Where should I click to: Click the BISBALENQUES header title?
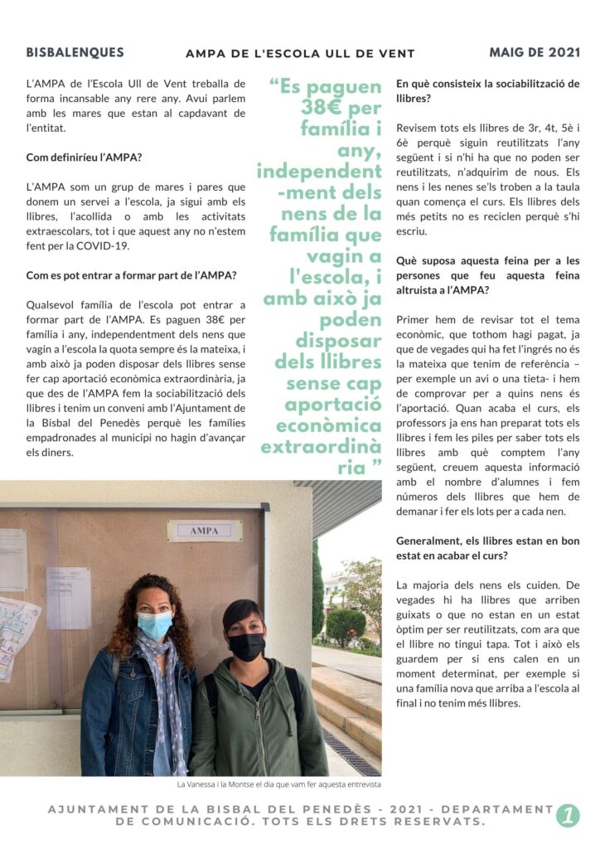[75, 52]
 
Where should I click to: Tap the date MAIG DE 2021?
[535, 52]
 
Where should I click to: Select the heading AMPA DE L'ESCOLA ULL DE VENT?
[300, 55]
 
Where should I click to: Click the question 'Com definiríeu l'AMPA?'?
[84, 157]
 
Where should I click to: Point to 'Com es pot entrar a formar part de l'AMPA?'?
[131, 275]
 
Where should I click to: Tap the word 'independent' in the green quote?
[319, 171]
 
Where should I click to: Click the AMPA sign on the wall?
[204, 530]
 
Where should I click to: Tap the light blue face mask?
[155, 623]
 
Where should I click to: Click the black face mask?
[246, 646]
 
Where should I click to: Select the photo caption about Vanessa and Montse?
[279, 784]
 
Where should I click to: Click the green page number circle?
[568, 815]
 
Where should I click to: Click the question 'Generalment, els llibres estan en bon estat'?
[487, 548]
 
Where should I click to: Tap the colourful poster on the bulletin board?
[17, 630]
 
